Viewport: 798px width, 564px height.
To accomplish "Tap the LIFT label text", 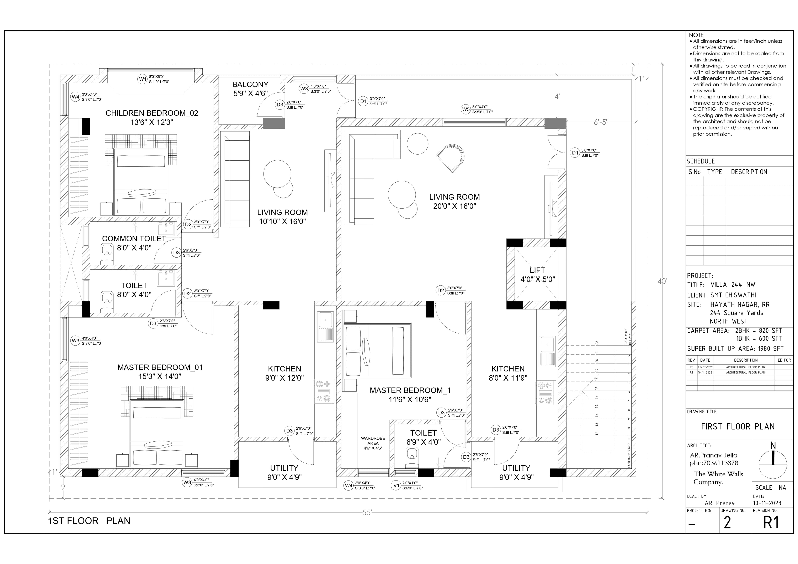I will pyautogui.click(x=537, y=270).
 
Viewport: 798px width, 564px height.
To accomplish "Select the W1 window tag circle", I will pyautogui.click(x=143, y=79).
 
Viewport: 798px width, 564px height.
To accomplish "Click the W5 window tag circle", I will pyautogui.click(x=466, y=109).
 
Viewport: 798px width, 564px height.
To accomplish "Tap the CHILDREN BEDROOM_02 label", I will pyautogui.click(x=152, y=113).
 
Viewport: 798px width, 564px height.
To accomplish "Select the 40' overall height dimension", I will pyautogui.click(x=662, y=281).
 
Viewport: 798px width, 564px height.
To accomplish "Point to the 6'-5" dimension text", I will pyautogui.click(x=601, y=122).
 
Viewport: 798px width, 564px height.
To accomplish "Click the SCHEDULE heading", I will pyautogui.click(x=701, y=161).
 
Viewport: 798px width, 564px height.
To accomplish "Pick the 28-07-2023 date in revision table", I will pyautogui.click(x=705, y=367).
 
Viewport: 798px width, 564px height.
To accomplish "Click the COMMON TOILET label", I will pyautogui.click(x=134, y=239).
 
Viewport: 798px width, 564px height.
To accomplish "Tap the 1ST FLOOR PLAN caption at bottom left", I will pyautogui.click(x=89, y=521).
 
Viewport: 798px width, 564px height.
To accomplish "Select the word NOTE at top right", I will pyautogui.click(x=696, y=35).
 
